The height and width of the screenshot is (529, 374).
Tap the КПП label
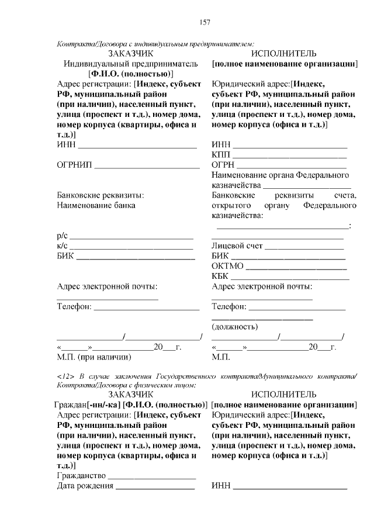(x=221, y=154)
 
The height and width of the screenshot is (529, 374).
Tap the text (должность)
(x=234, y=326)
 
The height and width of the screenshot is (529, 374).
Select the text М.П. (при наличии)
(x=93, y=356)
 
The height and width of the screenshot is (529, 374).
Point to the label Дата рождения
(x=85, y=486)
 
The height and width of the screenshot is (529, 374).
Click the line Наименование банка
(x=96, y=205)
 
